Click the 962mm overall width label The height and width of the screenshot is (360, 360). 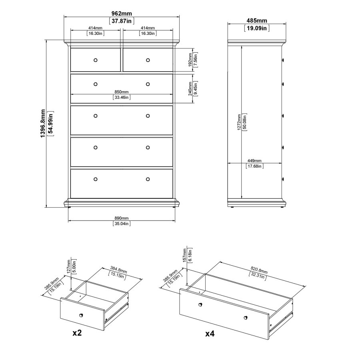(122, 14)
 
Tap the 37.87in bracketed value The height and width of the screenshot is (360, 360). (122, 21)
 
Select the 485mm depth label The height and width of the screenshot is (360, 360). (257, 21)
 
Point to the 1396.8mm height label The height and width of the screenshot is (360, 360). (43, 124)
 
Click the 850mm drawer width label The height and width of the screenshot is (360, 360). (122, 92)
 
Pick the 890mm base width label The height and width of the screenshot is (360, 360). (122, 218)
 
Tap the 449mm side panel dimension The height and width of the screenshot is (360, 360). (254, 161)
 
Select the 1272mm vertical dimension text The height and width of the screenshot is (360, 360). (239, 122)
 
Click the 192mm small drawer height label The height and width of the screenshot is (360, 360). (190, 60)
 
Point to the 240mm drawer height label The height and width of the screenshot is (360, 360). (190, 89)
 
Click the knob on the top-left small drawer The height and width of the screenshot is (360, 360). (96, 60)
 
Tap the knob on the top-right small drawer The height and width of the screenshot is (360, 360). (148, 60)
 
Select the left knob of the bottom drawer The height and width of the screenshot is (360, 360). (96, 179)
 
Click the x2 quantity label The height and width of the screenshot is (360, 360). (77, 333)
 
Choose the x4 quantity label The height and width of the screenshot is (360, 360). (210, 334)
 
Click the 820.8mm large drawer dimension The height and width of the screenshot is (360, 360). (259, 270)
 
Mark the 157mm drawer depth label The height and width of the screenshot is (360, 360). (185, 255)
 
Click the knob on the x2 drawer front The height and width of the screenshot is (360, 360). (81, 315)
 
